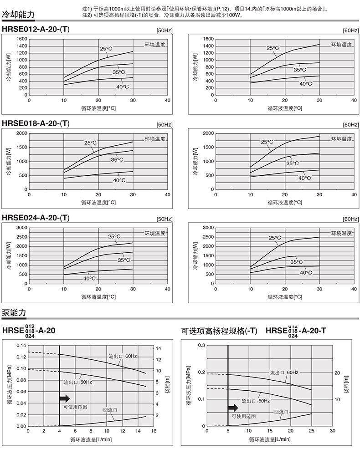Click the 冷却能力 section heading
pyautogui.click(x=18, y=15)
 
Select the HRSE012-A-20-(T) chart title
pyautogui.click(x=36, y=30)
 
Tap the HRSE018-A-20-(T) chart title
pyautogui.click(x=36, y=123)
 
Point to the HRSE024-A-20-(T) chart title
pyautogui.click(x=36, y=218)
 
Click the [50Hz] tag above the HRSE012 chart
pyautogui.click(x=164, y=31)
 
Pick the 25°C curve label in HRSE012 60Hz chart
pyautogui.click(x=273, y=48)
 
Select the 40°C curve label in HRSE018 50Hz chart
pyautogui.click(x=119, y=180)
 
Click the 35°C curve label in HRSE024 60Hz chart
pyautogui.click(x=296, y=262)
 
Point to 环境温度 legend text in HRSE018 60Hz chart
pyautogui.click(x=341, y=139)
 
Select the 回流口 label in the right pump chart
pyautogui.click(x=281, y=411)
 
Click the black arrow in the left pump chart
pyautogui.click(x=64, y=398)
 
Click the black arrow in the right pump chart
pyautogui.click(x=233, y=408)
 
